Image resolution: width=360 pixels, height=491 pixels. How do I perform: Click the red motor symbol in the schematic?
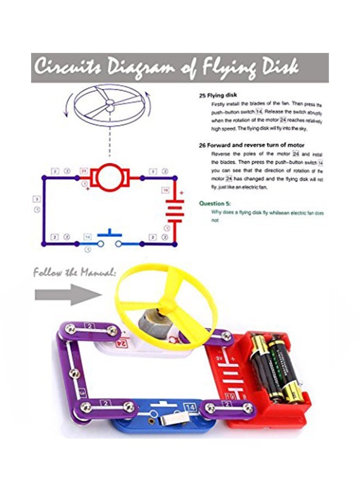coord(110,177)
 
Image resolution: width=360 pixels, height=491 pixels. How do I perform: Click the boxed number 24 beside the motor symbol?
coord(83,171)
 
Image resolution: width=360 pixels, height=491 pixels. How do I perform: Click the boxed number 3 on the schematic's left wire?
coord(36,200)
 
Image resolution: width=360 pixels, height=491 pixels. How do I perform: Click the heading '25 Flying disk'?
coord(218,95)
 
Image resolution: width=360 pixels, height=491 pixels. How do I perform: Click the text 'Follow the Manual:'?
coord(74,272)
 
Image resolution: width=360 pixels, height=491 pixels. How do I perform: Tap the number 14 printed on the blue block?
coord(189,406)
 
